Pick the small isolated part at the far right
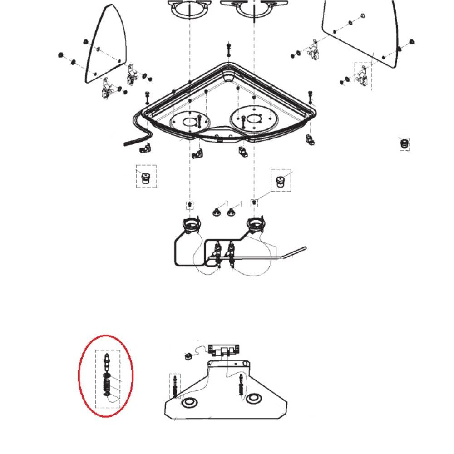(404, 144)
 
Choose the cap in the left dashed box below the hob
(146, 178)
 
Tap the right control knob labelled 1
(232, 211)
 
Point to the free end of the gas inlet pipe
(305, 248)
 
